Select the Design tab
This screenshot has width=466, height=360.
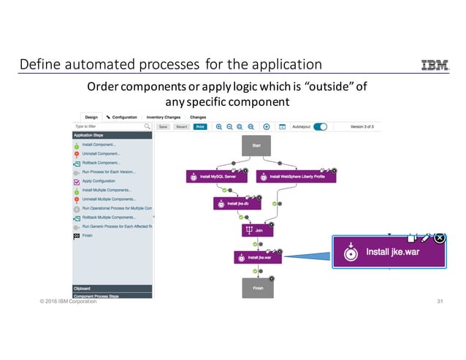(91, 117)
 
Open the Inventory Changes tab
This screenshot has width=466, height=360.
(163, 117)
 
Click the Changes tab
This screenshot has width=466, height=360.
(198, 117)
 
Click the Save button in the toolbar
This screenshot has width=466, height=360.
(164, 126)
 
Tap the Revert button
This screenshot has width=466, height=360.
(182, 126)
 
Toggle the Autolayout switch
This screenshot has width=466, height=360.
(320, 126)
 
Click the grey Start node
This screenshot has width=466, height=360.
(256, 145)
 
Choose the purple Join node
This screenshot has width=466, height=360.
(256, 230)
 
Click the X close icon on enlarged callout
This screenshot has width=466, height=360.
(439, 238)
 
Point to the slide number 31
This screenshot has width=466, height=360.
(440, 302)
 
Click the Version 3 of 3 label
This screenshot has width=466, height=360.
(361, 126)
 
